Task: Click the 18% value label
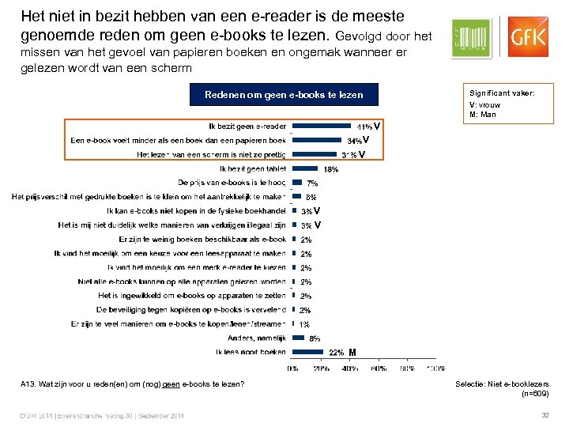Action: pyautogui.click(x=331, y=169)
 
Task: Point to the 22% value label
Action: pyautogui.click(x=336, y=353)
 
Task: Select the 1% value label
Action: pyautogui.click(x=304, y=324)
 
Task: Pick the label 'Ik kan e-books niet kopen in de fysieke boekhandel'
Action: pyautogui.click(x=195, y=211)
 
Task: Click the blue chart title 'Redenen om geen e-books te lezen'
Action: pyautogui.click(x=284, y=95)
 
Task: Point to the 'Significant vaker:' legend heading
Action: pyautogui.click(x=502, y=93)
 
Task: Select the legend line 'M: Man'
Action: pyautogui.click(x=483, y=114)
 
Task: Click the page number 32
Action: pyautogui.click(x=544, y=416)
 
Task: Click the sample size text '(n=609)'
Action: pyautogui.click(x=535, y=394)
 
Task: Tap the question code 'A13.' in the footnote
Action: pyautogui.click(x=29, y=384)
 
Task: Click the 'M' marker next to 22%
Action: pyautogui.click(x=352, y=352)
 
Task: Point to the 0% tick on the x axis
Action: pyautogui.click(x=292, y=368)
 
